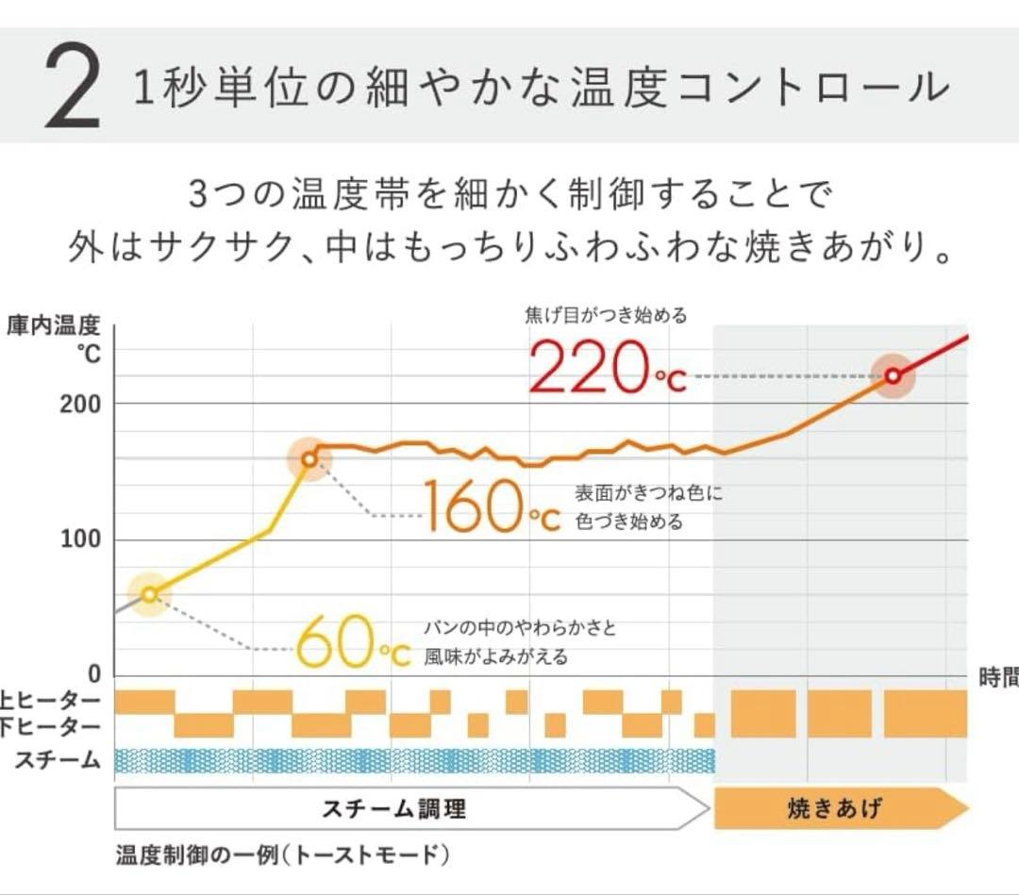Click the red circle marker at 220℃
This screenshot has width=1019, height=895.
[x=892, y=376]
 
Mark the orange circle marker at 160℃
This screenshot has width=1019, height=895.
[x=309, y=459]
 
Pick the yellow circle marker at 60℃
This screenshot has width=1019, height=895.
[x=149, y=594]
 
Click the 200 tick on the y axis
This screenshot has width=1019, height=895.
[x=81, y=404]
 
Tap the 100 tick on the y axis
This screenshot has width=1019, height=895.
[x=81, y=540]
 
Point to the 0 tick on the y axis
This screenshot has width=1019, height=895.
[x=93, y=675]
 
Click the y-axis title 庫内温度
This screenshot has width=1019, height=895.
[x=53, y=327]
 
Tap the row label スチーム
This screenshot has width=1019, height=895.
[x=58, y=760]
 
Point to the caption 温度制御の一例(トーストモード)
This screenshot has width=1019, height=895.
[x=283, y=856]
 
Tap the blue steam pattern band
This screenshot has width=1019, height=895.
[x=415, y=760]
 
